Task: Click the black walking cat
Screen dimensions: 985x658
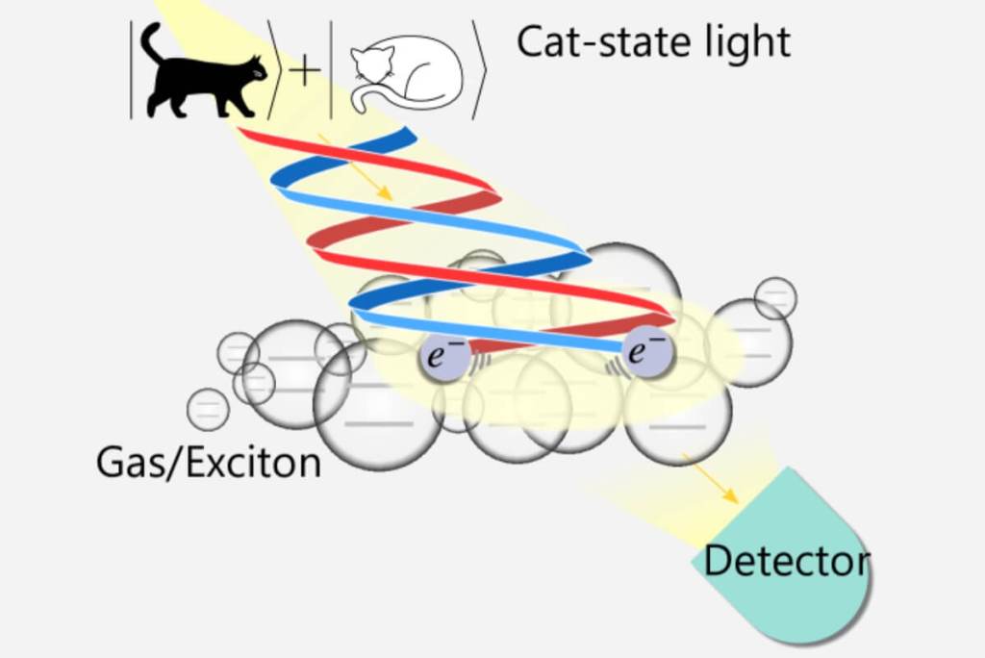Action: (x=201, y=82)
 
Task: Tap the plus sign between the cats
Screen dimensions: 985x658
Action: (x=305, y=71)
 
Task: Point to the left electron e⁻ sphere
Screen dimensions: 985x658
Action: (x=444, y=357)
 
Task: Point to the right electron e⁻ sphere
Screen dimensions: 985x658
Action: (x=647, y=352)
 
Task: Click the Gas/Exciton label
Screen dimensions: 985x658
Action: (x=209, y=463)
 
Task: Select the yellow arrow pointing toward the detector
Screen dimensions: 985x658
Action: (x=710, y=478)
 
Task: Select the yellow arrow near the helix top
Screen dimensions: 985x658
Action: (x=356, y=167)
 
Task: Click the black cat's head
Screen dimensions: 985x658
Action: (x=254, y=70)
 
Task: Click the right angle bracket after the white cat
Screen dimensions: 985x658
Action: (x=479, y=69)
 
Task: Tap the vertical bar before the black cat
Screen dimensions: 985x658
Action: (x=131, y=69)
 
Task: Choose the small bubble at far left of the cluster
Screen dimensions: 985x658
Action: (x=208, y=409)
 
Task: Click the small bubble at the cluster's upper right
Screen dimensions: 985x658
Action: (x=775, y=298)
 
